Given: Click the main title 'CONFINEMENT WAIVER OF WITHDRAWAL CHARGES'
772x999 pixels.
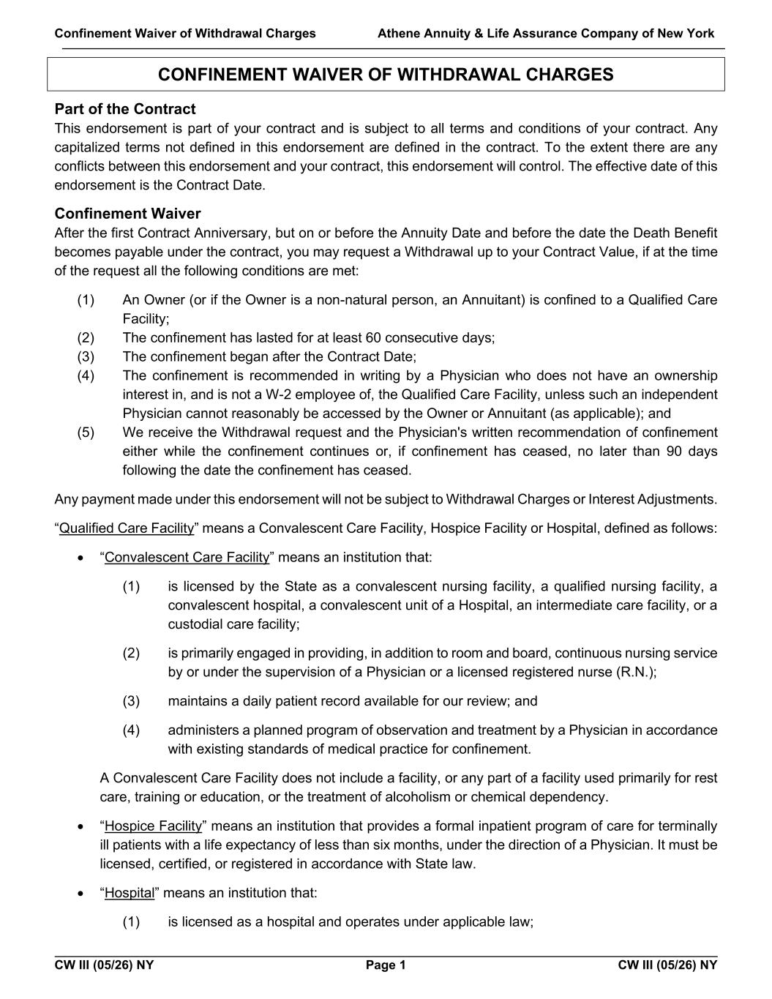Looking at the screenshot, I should pos(386,75).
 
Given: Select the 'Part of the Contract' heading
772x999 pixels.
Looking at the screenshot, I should pos(124,109).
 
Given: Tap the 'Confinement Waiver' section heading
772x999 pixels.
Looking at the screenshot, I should pos(127,214).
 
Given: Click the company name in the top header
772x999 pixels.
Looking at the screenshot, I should pos(546,34).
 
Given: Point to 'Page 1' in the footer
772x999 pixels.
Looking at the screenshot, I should pos(386,965).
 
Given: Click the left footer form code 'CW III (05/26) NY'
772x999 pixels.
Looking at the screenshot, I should pos(104,965).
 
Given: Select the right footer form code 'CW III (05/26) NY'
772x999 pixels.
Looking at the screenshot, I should pos(667,965).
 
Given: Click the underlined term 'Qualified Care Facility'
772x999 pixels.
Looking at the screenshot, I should pos(127,528).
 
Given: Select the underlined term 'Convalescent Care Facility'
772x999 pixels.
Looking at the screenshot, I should pos(187,558).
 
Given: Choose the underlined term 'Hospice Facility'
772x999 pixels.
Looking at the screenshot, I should pos(153,826).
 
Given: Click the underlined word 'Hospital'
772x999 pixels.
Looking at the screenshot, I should pos(130,894).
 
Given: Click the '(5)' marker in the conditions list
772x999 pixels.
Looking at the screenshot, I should pos(86,433).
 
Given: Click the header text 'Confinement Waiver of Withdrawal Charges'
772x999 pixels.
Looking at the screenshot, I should pos(185,34).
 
